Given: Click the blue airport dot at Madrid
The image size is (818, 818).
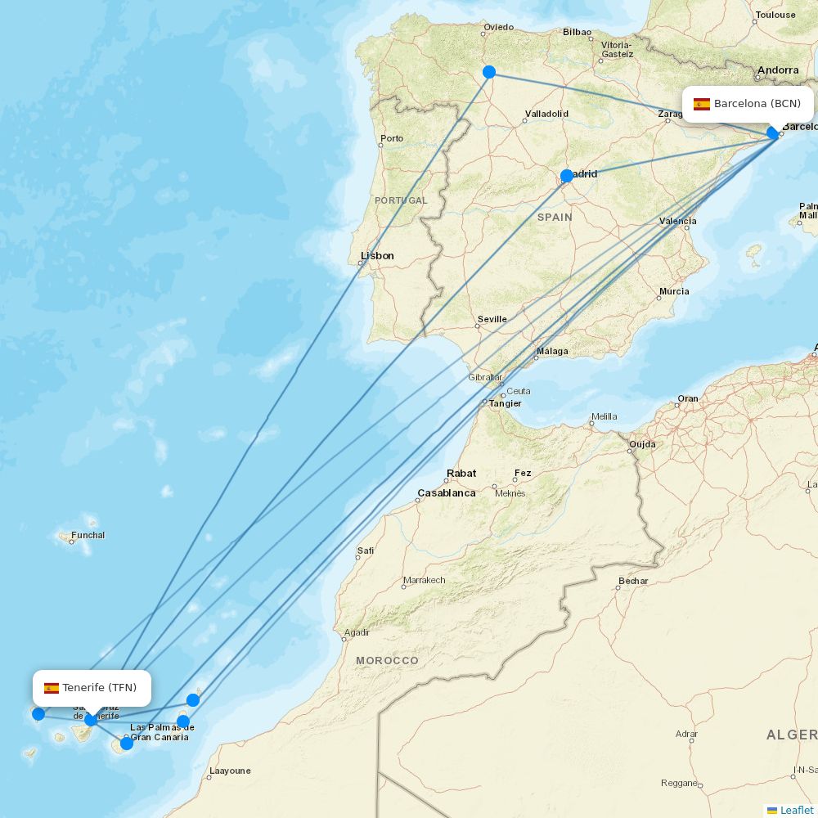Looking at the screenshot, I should pyautogui.click(x=567, y=176).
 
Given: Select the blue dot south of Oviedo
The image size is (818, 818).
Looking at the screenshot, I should pyautogui.click(x=489, y=72).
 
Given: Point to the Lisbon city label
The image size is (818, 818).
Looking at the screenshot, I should pyautogui.click(x=377, y=256).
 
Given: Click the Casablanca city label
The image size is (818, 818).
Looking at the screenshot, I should pyautogui.click(x=446, y=493).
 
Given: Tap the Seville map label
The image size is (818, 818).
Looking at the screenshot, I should pyautogui.click(x=492, y=319).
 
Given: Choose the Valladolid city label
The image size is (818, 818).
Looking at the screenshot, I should pyautogui.click(x=546, y=114).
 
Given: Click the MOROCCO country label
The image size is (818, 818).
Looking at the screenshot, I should pyautogui.click(x=387, y=660).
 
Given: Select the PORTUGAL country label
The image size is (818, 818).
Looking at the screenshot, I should pyautogui.click(x=401, y=200).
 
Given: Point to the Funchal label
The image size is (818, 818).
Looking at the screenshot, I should pyautogui.click(x=88, y=536).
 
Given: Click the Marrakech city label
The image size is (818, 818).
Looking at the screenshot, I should pyautogui.click(x=424, y=581).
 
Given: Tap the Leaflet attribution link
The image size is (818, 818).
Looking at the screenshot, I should pyautogui.click(x=796, y=810).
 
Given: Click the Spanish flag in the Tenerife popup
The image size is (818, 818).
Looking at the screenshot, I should pyautogui.click(x=52, y=688).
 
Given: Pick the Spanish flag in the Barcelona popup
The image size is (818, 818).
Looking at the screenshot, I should pyautogui.click(x=702, y=104).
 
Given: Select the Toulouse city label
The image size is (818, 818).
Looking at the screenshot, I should pyautogui.click(x=775, y=15).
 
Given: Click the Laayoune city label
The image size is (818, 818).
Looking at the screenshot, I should pyautogui.click(x=230, y=771).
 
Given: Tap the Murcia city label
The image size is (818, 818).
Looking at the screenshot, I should pyautogui.click(x=674, y=291).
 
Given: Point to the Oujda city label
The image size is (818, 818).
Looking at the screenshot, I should pyautogui.click(x=642, y=446).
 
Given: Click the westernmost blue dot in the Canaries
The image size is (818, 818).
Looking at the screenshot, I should pyautogui.click(x=38, y=714).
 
